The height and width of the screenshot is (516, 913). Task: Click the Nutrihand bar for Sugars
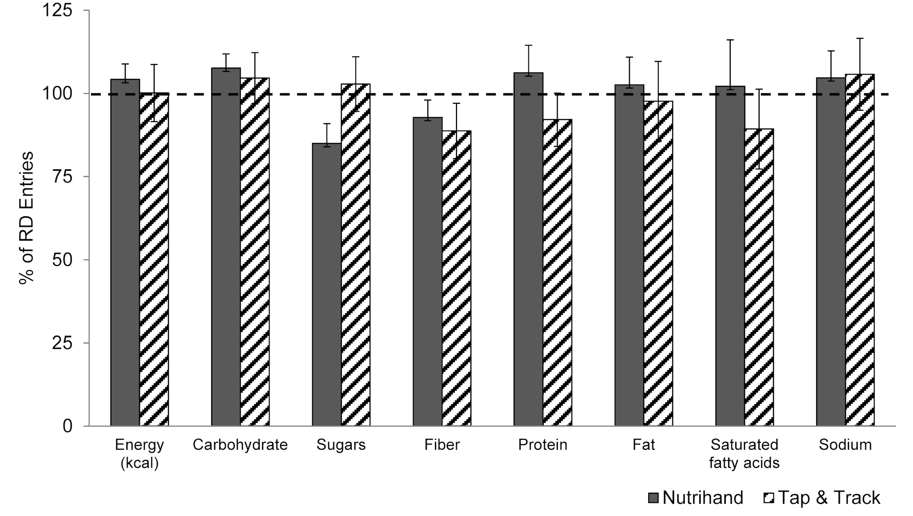point(326,284)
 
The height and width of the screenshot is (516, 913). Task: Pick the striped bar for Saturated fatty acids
point(759,277)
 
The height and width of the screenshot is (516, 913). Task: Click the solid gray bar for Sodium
point(831,252)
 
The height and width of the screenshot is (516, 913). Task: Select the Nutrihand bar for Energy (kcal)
point(125,252)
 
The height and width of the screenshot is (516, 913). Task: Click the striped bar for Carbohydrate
point(255,252)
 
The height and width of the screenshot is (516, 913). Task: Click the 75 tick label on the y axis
point(62,177)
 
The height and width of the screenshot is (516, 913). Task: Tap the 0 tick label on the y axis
point(67,426)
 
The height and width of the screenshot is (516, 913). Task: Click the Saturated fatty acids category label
point(744,454)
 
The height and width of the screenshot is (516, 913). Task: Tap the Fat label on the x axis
point(644,445)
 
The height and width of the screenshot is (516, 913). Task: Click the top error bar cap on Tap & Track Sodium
point(860,38)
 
